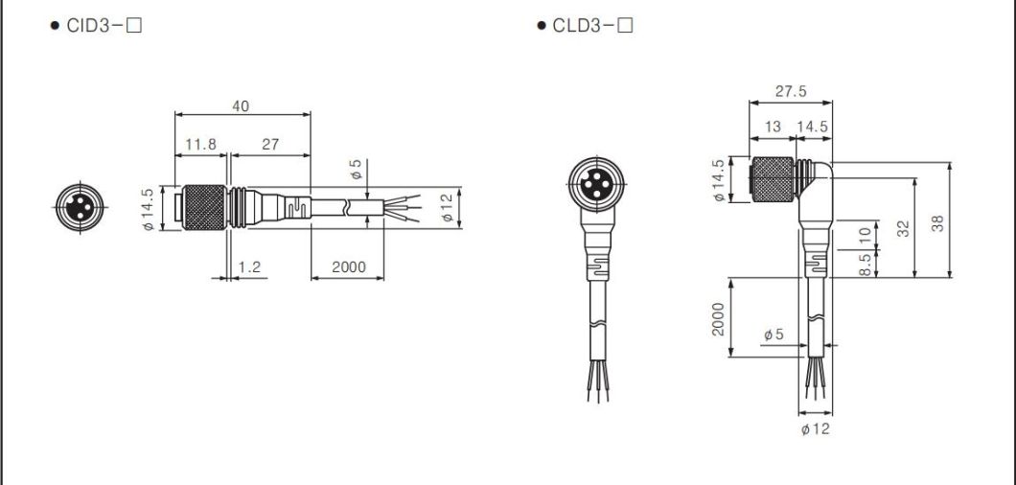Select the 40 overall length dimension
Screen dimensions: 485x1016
tap(242, 106)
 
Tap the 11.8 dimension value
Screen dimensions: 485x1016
tap(200, 145)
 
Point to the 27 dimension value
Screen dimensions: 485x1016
tap(269, 145)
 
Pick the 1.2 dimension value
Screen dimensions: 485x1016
tap(250, 267)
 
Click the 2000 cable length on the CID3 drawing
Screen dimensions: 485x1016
tap(348, 267)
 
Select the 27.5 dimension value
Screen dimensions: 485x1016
tap(790, 92)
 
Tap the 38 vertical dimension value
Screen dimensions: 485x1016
tap(938, 223)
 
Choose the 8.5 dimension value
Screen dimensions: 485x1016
tap(866, 266)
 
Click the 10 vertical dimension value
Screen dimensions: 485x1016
tap(866, 234)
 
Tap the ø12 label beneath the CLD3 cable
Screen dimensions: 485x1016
tap(815, 428)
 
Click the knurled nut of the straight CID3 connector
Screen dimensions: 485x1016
tap(203, 207)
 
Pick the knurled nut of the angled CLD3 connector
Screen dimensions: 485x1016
tap(773, 180)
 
